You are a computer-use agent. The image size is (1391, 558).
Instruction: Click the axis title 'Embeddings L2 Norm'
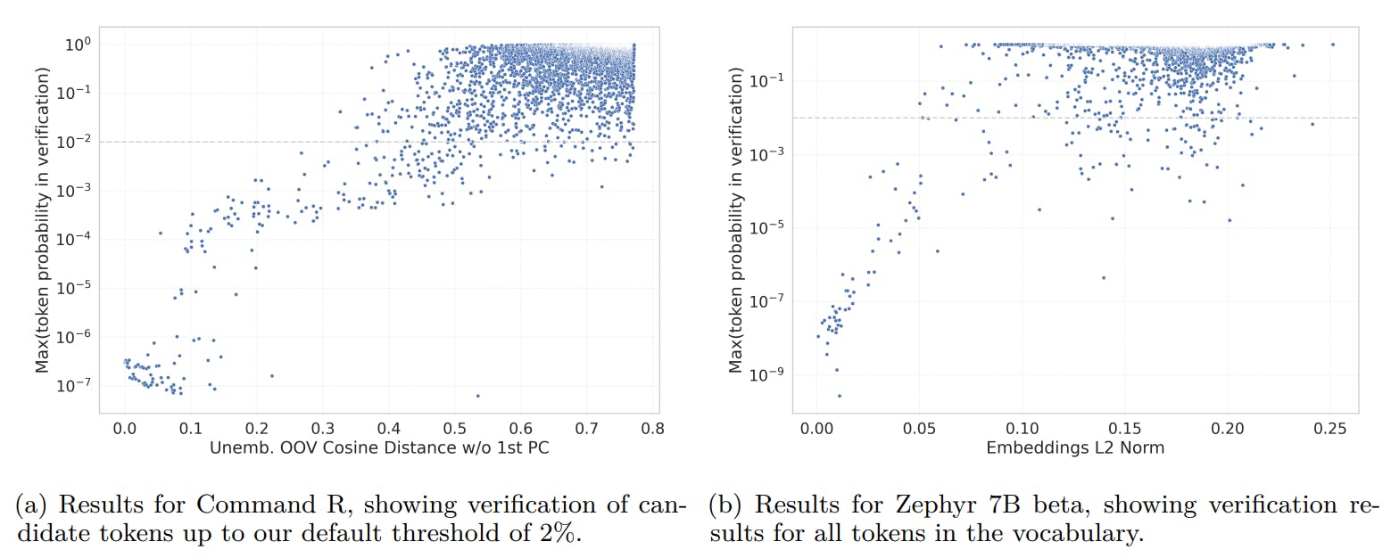coord(1074,448)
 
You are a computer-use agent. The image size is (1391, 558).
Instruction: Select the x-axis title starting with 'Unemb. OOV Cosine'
coord(378,448)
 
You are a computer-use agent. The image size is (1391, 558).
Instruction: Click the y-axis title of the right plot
coord(736,219)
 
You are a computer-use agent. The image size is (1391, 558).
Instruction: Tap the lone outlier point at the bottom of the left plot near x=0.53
coord(477,396)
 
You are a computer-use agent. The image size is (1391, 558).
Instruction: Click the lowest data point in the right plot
coord(839,396)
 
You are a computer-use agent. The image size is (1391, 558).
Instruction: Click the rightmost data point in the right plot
coord(1332,45)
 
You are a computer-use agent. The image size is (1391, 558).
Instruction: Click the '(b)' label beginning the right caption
coord(724,506)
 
